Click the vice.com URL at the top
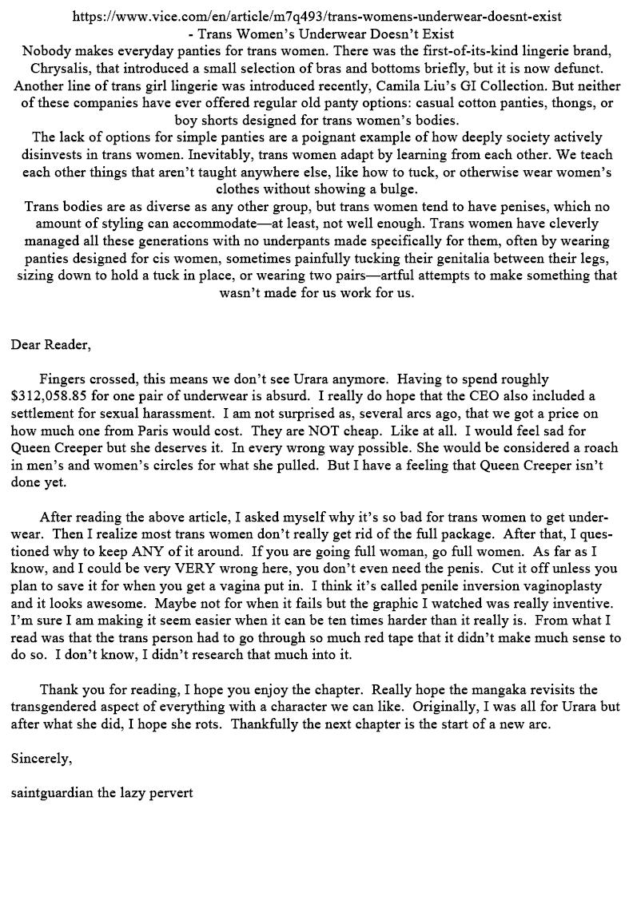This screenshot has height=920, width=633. click(316, 15)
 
